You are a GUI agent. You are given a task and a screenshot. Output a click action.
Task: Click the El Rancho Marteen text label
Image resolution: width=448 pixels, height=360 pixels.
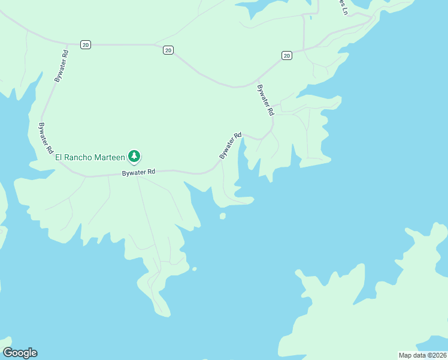coord(90,157)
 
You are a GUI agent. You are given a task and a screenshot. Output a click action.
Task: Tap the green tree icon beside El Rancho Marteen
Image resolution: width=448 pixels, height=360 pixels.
coord(134,157)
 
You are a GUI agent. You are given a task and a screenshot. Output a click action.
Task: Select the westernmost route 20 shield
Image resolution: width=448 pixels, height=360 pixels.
coord(86,45)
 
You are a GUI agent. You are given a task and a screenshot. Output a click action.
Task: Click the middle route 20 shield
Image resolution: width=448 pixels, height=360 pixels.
coord(168,50)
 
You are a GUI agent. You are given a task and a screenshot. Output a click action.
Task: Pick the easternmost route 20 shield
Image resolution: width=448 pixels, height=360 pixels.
coord(287,56)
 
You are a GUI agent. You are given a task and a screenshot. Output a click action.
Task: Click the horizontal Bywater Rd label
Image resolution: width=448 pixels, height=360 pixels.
coord(139,172)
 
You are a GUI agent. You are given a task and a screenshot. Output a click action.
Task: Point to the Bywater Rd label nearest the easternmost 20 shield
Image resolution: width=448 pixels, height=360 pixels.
coord(265,100)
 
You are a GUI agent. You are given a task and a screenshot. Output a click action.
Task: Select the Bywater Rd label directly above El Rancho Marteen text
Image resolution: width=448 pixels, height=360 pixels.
coord(45,139)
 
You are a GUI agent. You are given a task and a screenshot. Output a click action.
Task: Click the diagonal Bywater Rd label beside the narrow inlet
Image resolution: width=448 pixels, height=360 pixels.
coord(231,146)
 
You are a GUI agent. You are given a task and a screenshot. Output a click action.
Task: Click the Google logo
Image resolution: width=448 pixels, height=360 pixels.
coord(20,353)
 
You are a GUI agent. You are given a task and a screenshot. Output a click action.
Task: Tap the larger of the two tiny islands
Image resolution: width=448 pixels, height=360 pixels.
coord(223,216)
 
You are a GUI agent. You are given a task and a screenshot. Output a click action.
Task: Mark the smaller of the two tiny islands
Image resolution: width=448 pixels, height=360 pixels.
coord(194,269)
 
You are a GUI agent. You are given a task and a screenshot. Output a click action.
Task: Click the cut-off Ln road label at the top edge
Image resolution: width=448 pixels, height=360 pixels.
coord(343,7)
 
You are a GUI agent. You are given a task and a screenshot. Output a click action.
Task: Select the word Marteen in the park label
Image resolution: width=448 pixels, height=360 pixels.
coord(110,157)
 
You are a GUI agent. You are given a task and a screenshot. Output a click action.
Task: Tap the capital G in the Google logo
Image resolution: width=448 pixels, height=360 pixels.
coord(8,352)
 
